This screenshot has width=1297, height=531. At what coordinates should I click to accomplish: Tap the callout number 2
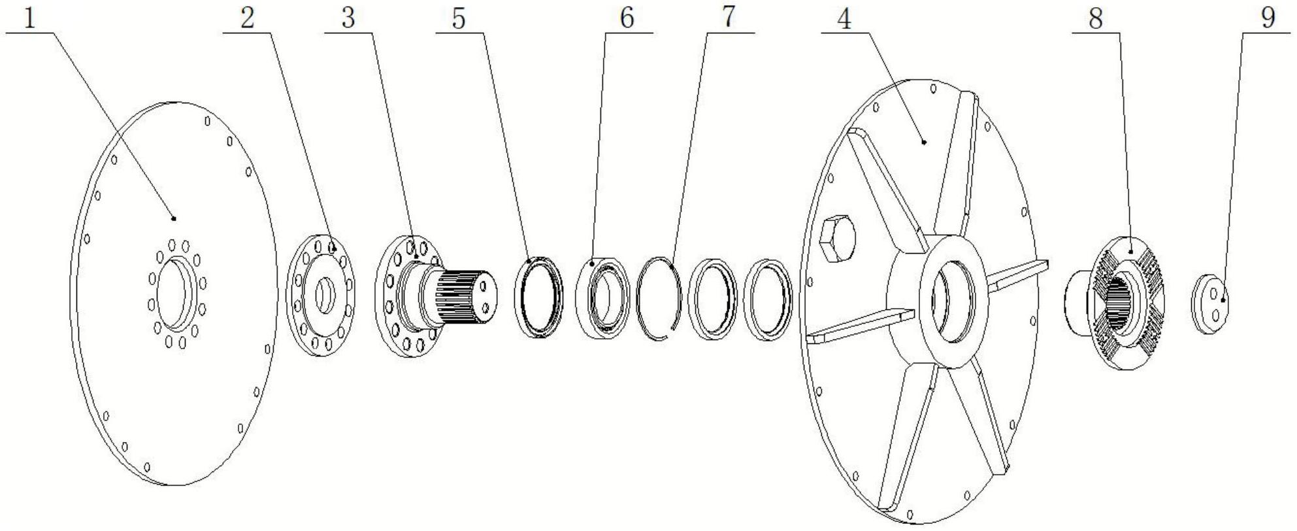tap(246, 19)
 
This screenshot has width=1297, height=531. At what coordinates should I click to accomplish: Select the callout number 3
tap(348, 19)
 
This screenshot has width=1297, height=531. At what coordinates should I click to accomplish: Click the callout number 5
tap(459, 19)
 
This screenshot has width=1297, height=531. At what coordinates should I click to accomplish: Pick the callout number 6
tap(627, 19)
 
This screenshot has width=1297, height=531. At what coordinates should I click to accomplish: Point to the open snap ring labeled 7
tap(660, 298)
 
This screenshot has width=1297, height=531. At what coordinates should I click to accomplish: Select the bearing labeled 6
tap(603, 298)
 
